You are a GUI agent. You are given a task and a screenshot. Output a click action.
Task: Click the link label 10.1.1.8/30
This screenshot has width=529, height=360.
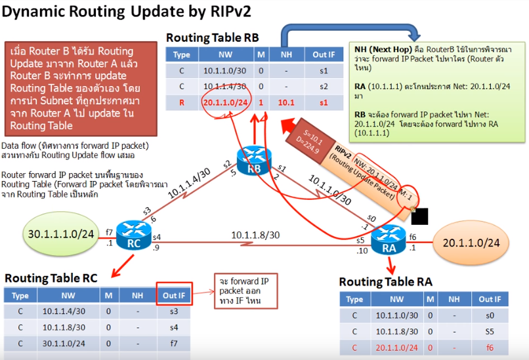tap(255, 235)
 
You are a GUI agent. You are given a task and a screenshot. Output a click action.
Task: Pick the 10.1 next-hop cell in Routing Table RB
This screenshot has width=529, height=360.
tap(285, 102)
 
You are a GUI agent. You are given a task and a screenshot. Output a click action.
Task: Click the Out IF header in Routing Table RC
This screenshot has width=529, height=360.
tap(174, 296)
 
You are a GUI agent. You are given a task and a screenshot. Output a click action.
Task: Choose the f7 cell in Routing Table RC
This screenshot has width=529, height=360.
tap(174, 343)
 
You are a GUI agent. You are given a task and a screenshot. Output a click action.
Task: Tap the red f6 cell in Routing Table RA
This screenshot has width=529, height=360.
tap(490, 347)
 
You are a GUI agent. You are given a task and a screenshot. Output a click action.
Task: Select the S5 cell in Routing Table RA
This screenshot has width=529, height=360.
tap(490, 332)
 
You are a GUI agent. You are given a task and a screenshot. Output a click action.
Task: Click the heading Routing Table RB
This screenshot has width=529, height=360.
tap(212, 38)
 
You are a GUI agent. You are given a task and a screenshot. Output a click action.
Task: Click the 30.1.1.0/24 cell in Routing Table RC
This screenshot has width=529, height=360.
tap(63, 343)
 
